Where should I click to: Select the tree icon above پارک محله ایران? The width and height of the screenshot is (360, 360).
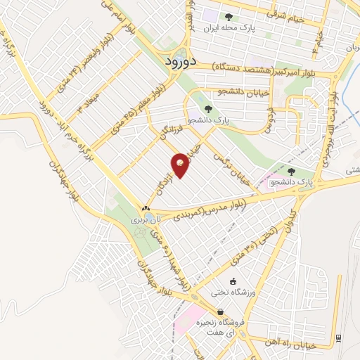click(x=229, y=18)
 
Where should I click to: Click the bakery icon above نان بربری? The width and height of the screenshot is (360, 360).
click(x=146, y=209)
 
